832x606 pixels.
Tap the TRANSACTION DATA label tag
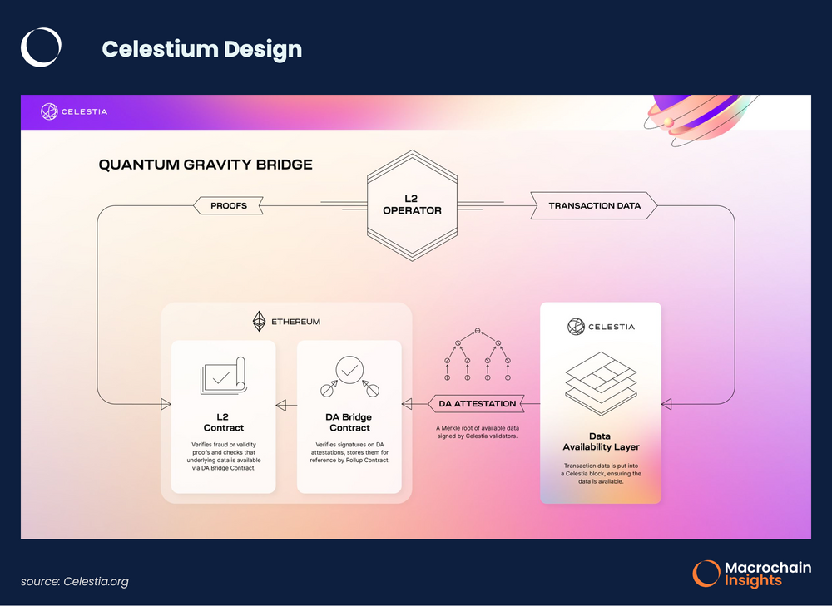594,205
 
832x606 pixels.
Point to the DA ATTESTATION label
477,404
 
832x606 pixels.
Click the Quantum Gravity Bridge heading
206,165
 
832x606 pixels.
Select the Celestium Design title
201,49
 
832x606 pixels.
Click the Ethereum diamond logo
258,321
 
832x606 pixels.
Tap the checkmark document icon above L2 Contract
222,377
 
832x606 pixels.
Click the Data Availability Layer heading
599,442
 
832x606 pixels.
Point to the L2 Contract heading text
223,422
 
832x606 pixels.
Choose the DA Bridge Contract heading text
349,422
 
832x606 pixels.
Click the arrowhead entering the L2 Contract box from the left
166,405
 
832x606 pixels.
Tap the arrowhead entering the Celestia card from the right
667,405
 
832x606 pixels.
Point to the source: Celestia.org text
75,581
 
